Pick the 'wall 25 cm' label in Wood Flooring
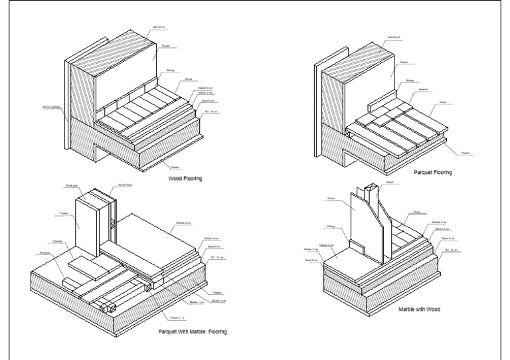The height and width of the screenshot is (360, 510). [x=159, y=28]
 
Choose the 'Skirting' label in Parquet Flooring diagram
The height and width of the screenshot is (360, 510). [x=410, y=80]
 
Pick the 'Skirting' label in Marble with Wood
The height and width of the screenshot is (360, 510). [x=331, y=226]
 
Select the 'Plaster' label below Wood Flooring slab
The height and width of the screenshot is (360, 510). [x=175, y=168]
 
